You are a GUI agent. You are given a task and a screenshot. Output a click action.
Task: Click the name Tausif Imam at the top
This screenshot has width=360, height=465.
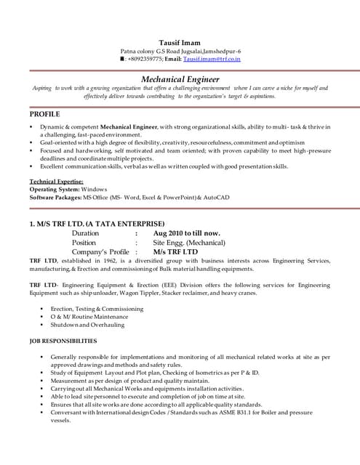[179, 41]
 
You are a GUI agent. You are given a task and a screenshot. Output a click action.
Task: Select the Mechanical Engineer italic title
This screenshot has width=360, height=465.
[180, 78]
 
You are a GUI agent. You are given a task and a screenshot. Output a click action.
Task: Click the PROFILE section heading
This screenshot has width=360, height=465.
[45, 114]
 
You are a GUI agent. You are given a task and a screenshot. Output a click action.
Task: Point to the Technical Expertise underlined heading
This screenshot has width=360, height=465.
[55, 181]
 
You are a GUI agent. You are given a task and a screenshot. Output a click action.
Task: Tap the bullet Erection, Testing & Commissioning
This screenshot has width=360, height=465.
[97, 309]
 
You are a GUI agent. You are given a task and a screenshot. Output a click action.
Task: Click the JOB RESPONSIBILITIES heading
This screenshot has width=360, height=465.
[63, 340]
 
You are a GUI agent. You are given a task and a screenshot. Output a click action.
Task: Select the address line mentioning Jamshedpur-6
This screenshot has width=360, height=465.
[180, 51]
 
